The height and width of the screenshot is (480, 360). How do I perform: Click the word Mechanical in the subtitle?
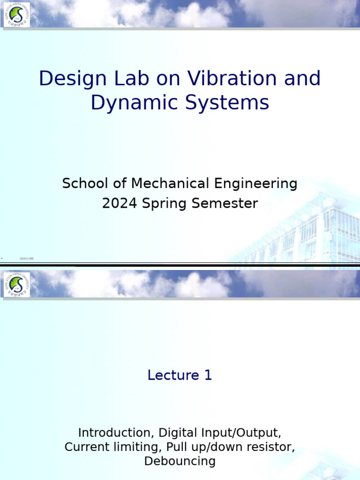(172, 183)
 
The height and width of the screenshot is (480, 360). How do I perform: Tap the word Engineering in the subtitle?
(256, 184)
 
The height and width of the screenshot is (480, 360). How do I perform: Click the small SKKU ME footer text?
(27, 259)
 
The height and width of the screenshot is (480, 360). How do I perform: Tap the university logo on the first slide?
(16, 15)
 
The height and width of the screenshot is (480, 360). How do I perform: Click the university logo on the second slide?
(16, 285)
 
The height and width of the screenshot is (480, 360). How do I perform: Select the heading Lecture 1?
(180, 375)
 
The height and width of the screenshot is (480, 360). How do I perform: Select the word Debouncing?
(180, 461)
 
